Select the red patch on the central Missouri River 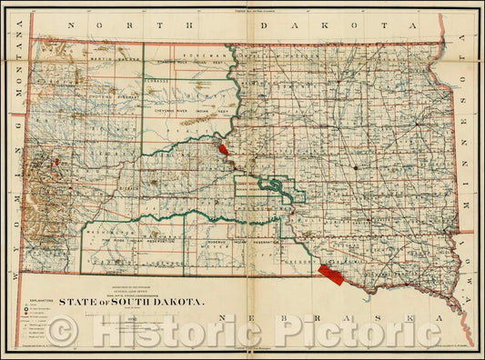(x=224, y=145)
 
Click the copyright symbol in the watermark (x=60, y=333)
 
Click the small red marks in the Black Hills (x=56, y=165)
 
